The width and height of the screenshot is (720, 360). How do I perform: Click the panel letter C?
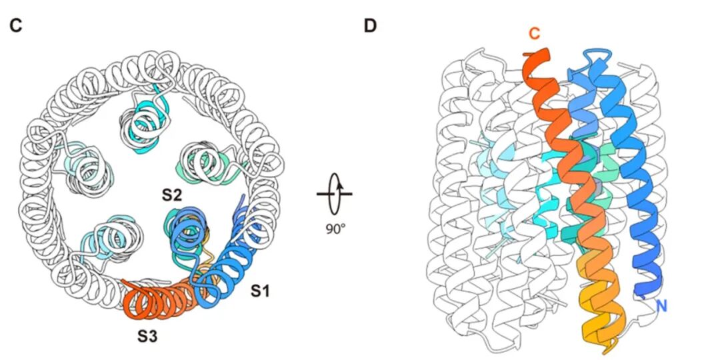tap(16, 26)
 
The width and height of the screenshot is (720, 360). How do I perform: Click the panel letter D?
tap(370, 26)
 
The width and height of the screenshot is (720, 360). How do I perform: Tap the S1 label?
tap(261, 291)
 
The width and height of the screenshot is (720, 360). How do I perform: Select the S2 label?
tap(173, 195)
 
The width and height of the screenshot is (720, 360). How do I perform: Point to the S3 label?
tap(149, 337)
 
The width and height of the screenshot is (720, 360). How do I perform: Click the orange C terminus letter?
tap(534, 35)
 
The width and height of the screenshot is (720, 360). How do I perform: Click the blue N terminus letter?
tap(661, 306)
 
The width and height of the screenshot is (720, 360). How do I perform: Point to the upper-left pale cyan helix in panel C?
tap(83, 163)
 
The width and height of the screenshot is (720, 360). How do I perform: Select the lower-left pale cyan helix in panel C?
tap(110, 235)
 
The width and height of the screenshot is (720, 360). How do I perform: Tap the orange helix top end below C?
tap(537, 63)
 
